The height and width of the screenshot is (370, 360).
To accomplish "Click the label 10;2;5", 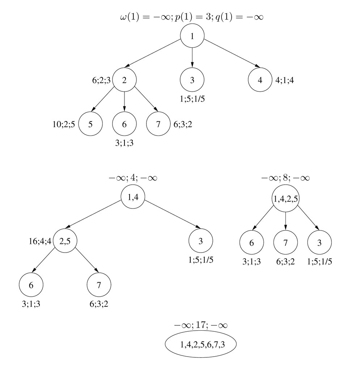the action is (x=64, y=124).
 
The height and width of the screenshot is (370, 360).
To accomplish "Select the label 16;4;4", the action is (x=40, y=241).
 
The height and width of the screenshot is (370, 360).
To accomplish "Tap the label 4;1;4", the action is (x=285, y=80).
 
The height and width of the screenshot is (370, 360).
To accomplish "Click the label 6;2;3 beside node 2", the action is (x=101, y=80).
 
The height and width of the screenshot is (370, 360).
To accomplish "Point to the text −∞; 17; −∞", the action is (x=201, y=325).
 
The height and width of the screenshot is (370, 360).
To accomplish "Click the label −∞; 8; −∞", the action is (x=285, y=178).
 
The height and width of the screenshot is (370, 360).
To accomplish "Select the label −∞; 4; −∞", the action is (x=133, y=178).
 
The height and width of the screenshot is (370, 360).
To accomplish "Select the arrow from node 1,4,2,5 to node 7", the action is (x=285, y=221).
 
